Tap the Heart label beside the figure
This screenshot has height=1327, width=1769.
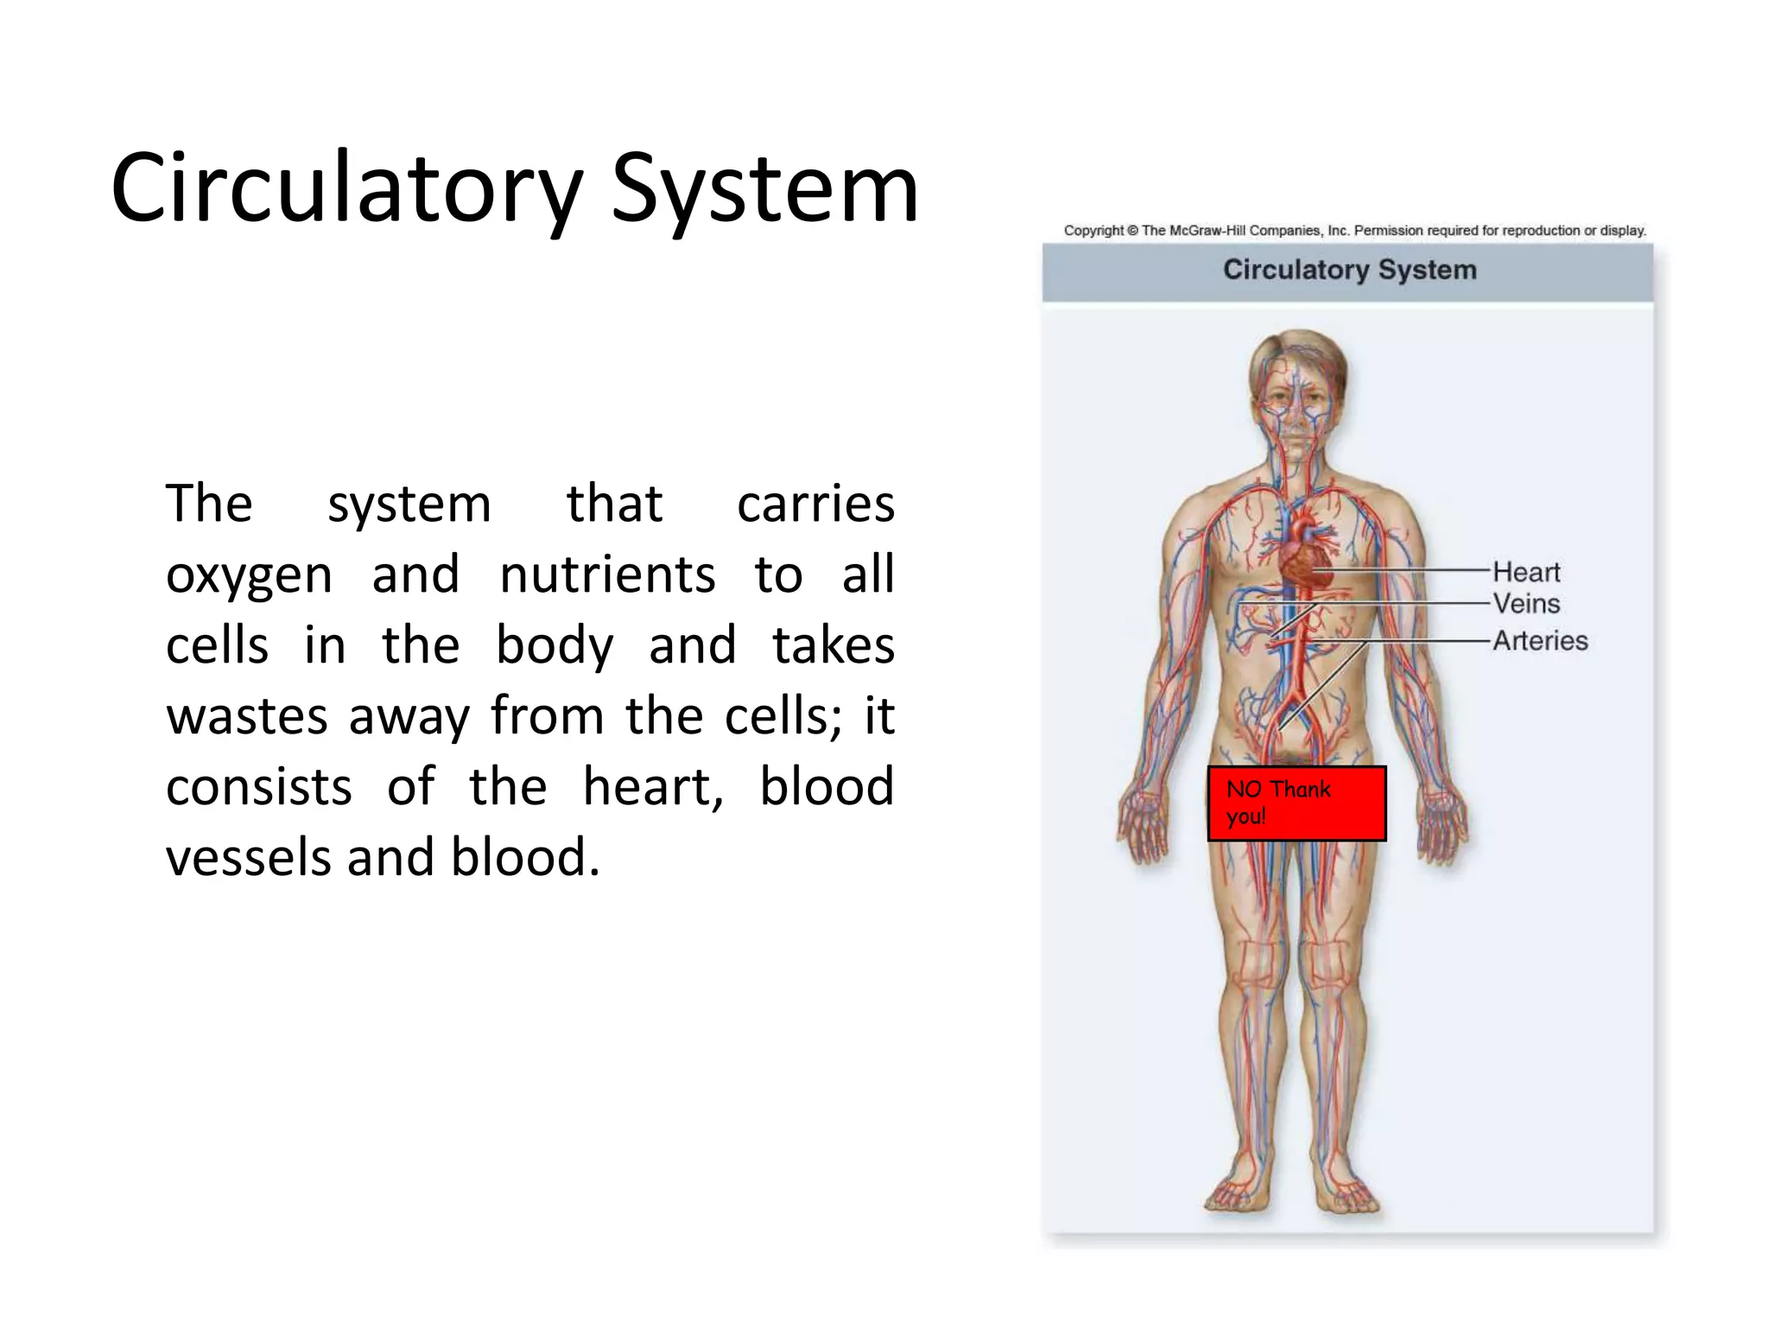point(1526,572)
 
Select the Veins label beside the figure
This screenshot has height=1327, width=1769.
point(1526,603)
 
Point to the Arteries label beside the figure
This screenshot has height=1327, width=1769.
point(1540,640)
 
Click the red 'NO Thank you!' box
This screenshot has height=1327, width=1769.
point(1297,803)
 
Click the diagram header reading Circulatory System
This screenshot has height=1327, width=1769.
point(1349,270)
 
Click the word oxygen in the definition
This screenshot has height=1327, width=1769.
point(249,575)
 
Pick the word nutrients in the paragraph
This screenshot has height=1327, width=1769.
point(607,575)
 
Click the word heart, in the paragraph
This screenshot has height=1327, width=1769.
point(653,787)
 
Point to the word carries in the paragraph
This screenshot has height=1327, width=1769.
point(815,504)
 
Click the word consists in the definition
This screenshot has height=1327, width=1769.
point(259,787)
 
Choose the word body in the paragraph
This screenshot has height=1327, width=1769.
point(555,645)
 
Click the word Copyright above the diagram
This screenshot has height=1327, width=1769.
point(1094,231)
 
